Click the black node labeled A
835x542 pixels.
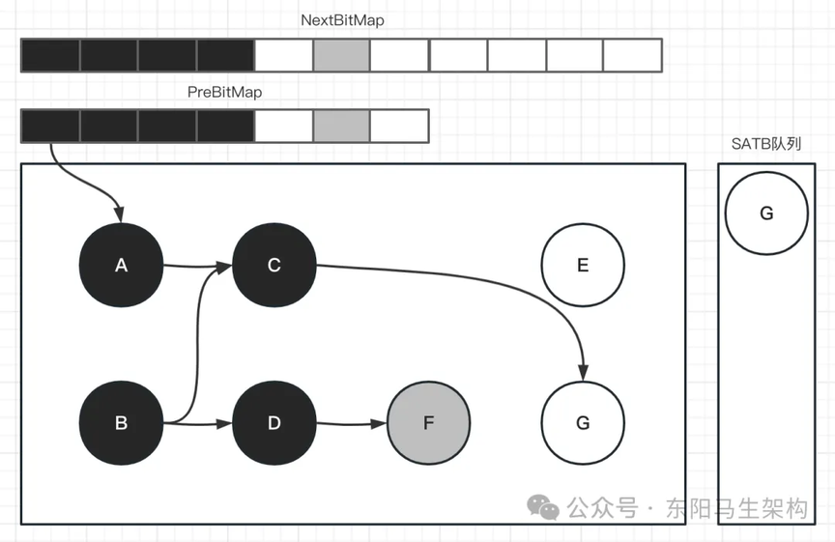121,265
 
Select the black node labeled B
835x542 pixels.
121,422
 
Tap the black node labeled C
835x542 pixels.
274,265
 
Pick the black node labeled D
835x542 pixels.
274,422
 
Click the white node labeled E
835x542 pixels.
583,265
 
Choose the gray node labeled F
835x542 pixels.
428,422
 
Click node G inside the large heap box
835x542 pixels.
583,422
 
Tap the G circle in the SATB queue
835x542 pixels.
766,214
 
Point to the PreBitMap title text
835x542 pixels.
224,92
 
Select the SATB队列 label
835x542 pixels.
766,144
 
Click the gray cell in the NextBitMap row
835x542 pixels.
341,55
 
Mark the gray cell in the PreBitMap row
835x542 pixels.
341,127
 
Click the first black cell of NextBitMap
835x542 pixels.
50,55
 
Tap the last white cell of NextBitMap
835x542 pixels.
632,55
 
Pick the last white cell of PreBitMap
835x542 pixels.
399,127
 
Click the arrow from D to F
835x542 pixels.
352,423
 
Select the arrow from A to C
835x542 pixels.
197,265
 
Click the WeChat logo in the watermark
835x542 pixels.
542,507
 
